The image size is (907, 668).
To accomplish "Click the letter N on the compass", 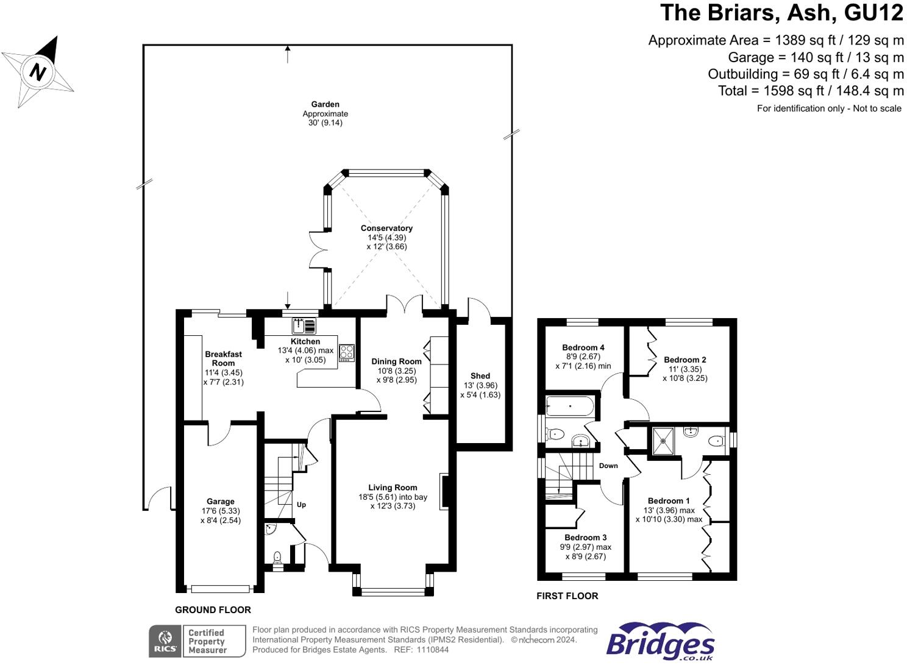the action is pos(38,73).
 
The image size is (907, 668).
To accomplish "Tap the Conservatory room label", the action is pos(386,228).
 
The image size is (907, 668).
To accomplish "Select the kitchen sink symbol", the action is pos(304,326).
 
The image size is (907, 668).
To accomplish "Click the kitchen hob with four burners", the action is pos(347,353).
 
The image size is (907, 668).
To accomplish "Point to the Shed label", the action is pos(480,375).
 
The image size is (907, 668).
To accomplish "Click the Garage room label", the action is pos(221,501).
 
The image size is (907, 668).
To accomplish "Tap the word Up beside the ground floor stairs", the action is pos(301,505).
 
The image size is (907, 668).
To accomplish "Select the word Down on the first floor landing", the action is pos(608,466).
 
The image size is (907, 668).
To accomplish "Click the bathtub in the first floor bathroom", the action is pos(570,406).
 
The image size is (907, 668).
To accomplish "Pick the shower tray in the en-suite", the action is pos(663,441).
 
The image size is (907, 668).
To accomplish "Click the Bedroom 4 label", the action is pos(583,347).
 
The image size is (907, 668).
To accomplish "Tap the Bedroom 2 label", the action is pos(685,360).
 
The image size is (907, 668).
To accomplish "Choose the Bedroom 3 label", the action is pos(586,537).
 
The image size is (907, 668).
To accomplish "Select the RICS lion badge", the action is pos(165,641).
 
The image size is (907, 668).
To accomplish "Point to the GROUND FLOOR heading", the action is pos(213,609).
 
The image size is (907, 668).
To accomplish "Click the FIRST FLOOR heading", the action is pos(567,596).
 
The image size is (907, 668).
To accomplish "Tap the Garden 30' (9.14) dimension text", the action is pos(325,123).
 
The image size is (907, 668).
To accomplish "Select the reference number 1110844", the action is pos(432,650).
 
